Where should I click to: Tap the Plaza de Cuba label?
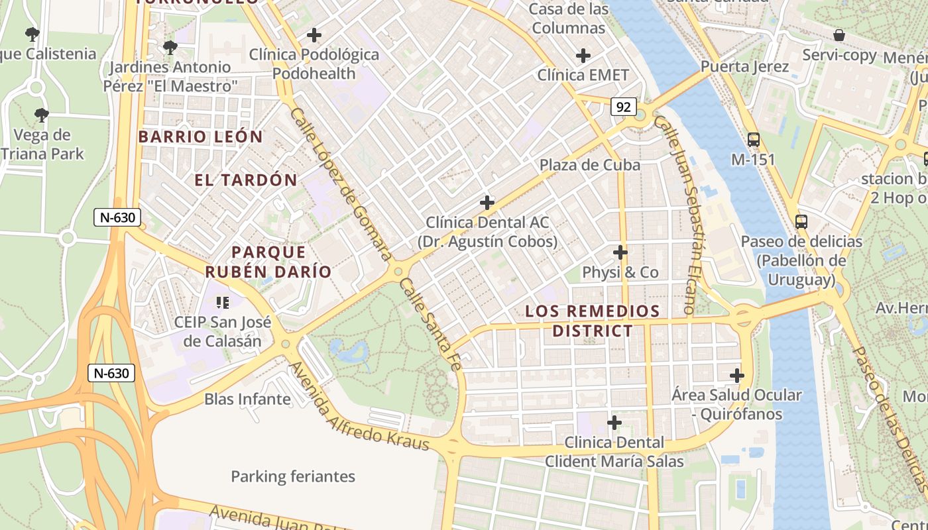pos(590,165)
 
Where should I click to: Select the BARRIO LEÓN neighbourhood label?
pos(201,137)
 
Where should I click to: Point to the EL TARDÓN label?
pos(246,180)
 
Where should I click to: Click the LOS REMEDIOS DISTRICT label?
pos(593,321)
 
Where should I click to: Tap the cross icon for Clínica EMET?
pos(583,56)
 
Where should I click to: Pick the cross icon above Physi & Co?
pos(620,252)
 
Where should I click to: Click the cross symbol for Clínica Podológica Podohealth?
pos(314,35)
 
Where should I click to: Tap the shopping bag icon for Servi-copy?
pos(839,35)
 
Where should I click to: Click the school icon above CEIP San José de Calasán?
pos(223,303)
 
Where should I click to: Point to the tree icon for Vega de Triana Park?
pos(42,115)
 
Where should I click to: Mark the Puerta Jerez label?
pos(745,67)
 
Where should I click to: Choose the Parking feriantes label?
pos(293,476)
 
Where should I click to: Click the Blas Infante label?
pos(247,399)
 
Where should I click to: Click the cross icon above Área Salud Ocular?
pos(736,376)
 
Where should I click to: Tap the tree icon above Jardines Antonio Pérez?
pos(170,48)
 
